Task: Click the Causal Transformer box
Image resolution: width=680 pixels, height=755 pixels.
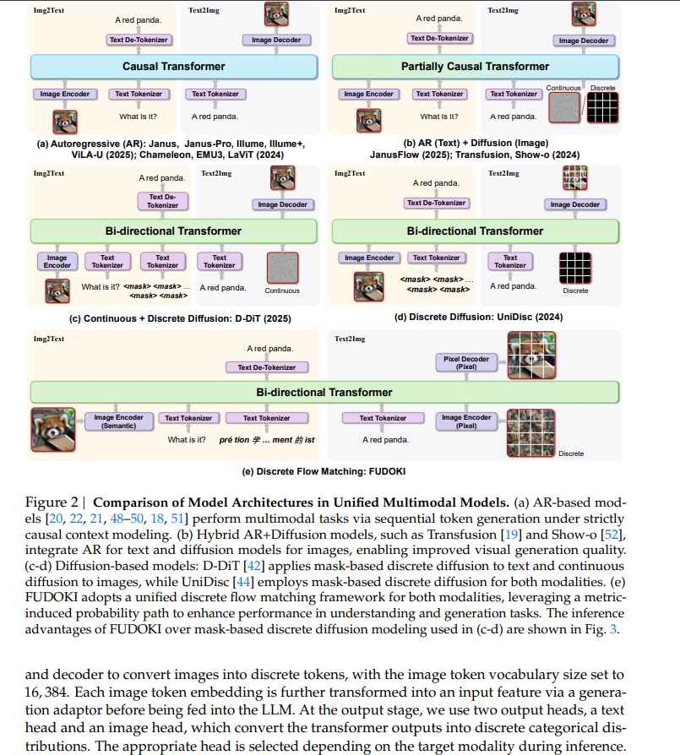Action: [x=174, y=66]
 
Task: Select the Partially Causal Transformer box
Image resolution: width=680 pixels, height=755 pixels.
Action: [x=475, y=66]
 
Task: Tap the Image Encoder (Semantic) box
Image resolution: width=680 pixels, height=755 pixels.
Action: [x=119, y=421]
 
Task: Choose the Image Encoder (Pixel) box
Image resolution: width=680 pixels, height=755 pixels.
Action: [x=465, y=421]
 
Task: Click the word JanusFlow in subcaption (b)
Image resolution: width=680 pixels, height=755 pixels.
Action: [x=396, y=155]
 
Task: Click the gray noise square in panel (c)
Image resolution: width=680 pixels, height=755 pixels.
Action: [x=282, y=269]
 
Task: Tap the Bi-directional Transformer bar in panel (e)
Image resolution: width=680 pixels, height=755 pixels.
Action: [x=324, y=392]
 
